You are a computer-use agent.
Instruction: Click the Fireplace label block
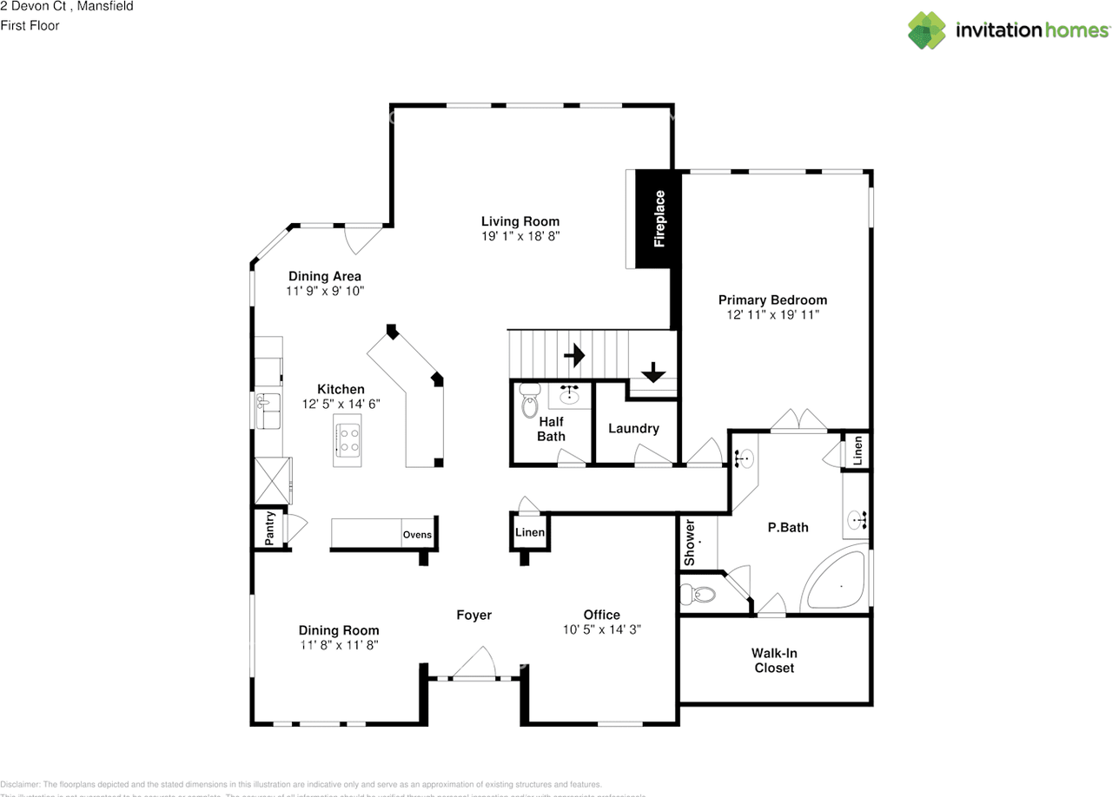pos(659,219)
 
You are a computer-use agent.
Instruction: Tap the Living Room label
pos(520,221)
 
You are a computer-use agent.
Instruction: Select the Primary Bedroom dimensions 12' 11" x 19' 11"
pos(772,315)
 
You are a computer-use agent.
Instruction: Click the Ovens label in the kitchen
pos(417,535)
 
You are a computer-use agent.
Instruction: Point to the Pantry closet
pos(269,528)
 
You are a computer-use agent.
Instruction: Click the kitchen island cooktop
pos(347,441)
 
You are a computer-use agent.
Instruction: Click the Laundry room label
pos(633,428)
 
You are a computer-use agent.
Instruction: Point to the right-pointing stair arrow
pos(573,355)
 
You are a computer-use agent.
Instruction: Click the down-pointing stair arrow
pos(652,372)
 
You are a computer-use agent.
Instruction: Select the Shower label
pos(690,543)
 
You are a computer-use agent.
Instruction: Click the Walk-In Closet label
pos(774,661)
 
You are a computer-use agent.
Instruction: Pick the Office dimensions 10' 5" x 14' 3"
pos(601,629)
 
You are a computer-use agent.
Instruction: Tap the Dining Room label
pos(339,630)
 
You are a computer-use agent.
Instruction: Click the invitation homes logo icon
pos(926,30)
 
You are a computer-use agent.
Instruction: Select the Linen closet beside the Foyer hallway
pos(530,532)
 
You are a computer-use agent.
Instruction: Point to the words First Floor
pos(30,25)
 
